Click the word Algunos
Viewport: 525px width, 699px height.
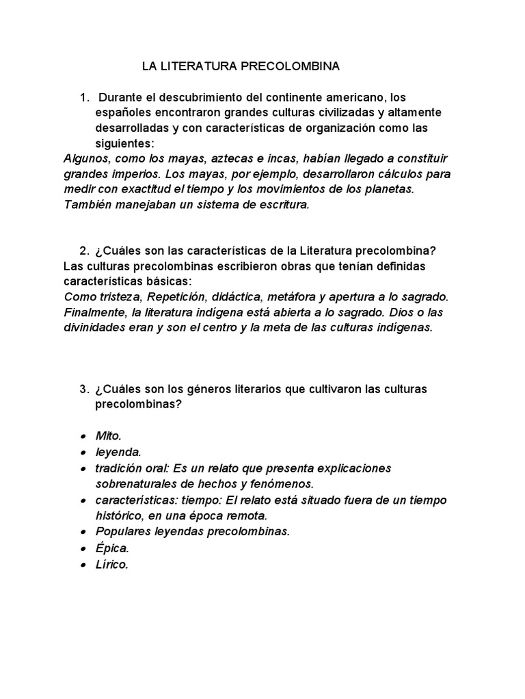tap(84, 158)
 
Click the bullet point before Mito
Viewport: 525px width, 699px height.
tap(83, 436)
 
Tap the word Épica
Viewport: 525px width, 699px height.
tap(112, 547)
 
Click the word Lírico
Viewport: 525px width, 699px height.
tap(112, 565)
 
